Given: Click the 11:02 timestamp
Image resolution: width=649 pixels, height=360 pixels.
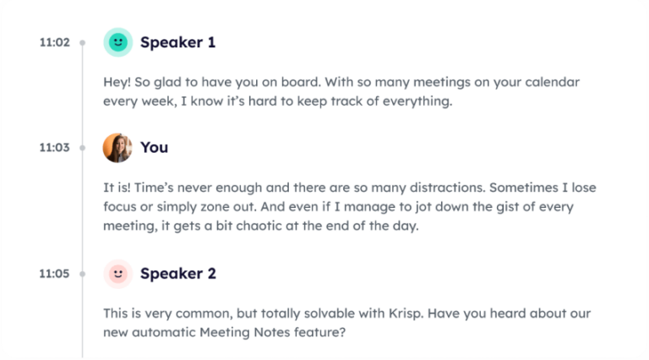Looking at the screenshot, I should tap(54, 42).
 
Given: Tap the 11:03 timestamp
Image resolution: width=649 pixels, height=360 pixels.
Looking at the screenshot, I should tap(54, 147).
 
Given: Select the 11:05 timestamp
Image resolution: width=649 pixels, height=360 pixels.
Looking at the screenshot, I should tap(54, 274).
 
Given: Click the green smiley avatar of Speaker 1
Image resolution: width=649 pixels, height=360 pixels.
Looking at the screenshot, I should tap(117, 42).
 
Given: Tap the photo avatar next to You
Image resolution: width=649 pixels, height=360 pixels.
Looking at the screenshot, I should tap(117, 147).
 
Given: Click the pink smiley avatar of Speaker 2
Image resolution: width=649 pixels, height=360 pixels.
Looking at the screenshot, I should tap(117, 274).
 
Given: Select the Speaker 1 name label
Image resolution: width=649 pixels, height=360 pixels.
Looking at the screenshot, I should tap(177, 42).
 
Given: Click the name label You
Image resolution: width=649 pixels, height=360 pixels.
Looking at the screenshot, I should tap(154, 147).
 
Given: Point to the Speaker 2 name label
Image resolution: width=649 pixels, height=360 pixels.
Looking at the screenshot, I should tap(177, 274).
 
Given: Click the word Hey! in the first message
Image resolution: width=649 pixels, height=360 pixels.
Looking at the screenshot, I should tap(118, 83).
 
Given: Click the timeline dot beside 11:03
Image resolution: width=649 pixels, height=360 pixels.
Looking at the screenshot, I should tap(82, 147).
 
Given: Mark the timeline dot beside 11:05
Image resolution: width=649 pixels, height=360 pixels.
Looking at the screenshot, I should tap(82, 274).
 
